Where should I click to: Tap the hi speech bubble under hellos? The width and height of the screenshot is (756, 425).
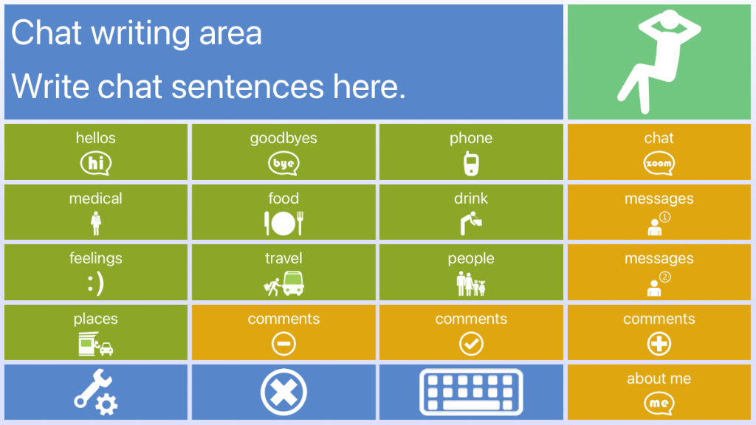click(x=95, y=163)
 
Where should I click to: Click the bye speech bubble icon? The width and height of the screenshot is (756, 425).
click(x=283, y=163)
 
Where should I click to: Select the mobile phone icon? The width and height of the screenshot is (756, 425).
click(x=471, y=163)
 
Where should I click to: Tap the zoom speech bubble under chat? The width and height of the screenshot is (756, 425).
click(x=659, y=163)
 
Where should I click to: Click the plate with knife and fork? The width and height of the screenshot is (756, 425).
click(x=283, y=223)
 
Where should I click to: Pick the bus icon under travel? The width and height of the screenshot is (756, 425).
click(x=293, y=283)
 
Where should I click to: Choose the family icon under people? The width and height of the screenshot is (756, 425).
click(x=471, y=283)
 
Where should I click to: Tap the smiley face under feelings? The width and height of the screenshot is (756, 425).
click(x=95, y=283)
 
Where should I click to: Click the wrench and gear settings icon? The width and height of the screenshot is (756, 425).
click(x=95, y=392)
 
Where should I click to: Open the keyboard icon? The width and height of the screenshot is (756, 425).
click(x=471, y=392)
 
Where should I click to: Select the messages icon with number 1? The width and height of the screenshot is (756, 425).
click(x=659, y=224)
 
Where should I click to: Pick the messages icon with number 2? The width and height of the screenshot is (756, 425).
click(x=659, y=284)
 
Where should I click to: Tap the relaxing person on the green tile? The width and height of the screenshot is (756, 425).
click(x=659, y=63)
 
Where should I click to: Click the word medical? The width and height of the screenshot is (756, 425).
click(x=95, y=198)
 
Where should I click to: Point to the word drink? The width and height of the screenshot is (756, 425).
click(x=471, y=198)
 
